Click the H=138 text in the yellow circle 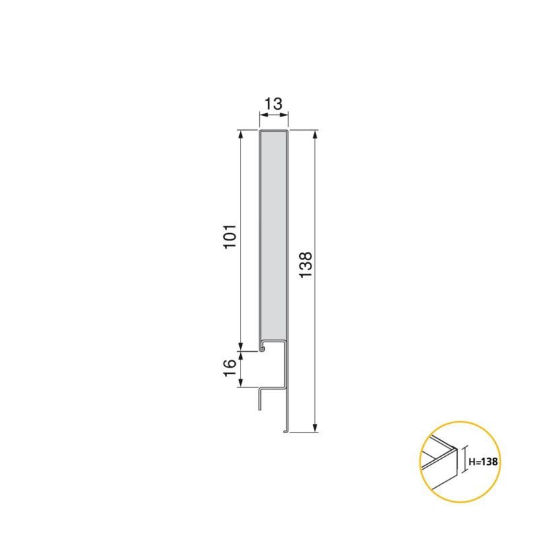tap(483, 462)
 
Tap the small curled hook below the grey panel tap(262, 350)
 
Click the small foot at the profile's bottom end tap(285, 430)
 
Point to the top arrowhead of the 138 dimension tap(315, 134)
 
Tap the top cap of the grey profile tap(274, 131)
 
